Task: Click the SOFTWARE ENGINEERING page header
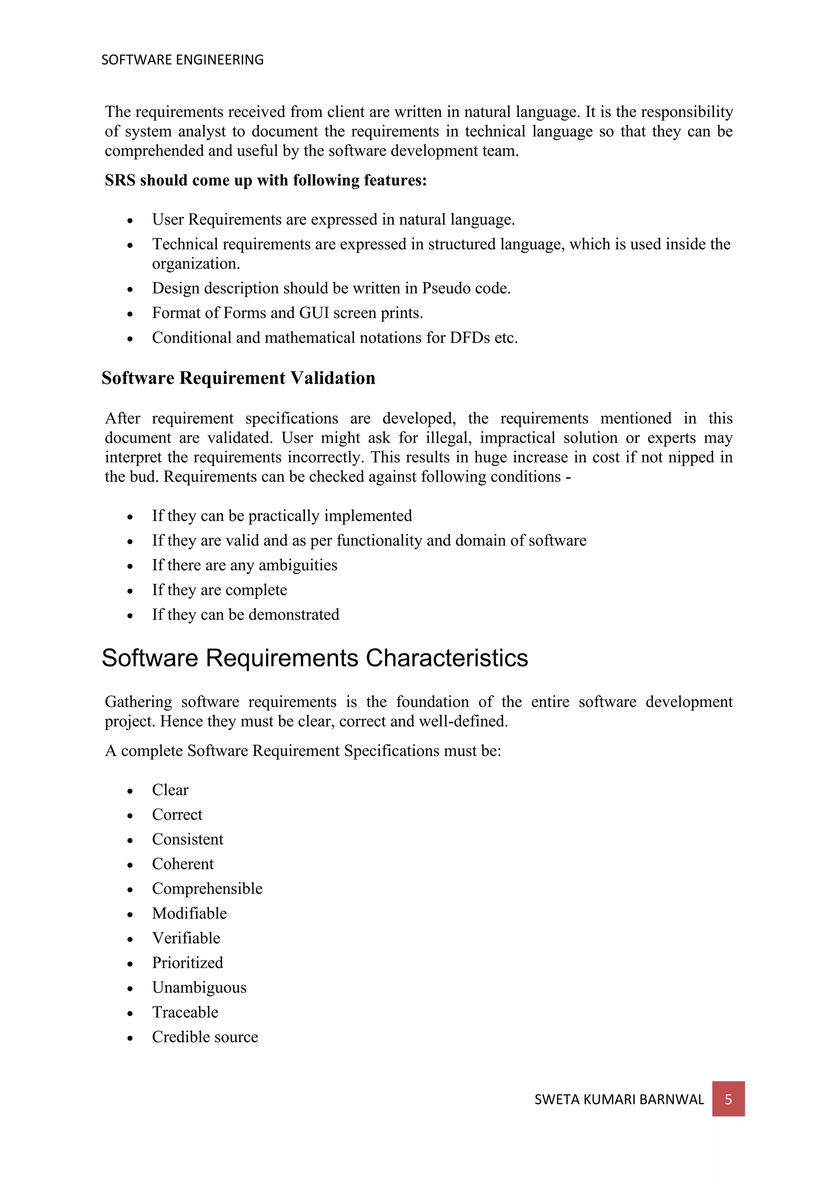(x=182, y=60)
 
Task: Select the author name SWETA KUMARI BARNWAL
(x=619, y=1099)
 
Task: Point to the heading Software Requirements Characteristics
(x=315, y=658)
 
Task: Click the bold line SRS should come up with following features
(x=266, y=180)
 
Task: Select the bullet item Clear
(x=170, y=790)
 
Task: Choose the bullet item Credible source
(x=205, y=1036)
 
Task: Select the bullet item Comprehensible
(x=207, y=888)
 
